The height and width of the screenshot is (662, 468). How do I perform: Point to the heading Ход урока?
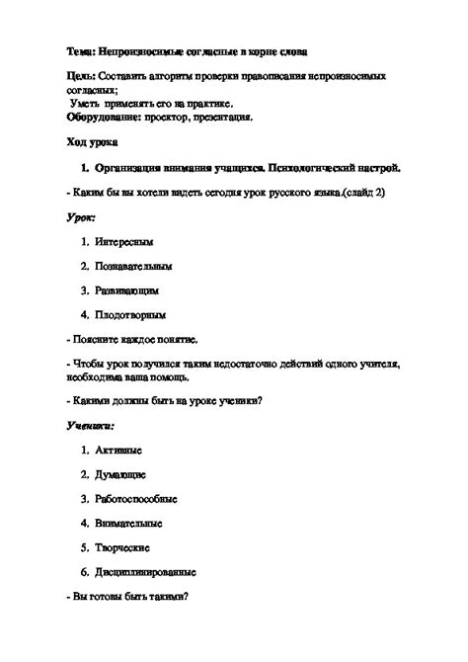[x=89, y=142]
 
